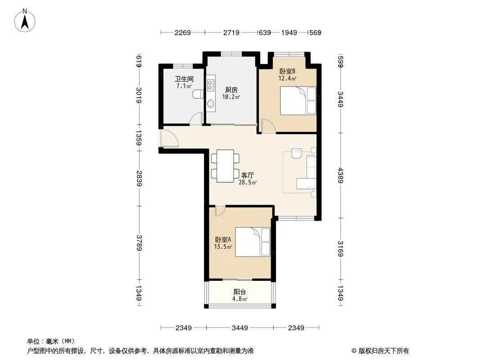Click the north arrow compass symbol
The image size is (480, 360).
click(x=25, y=21)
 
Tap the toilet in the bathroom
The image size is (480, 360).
click(x=198, y=94)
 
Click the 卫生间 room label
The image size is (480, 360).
click(x=184, y=79)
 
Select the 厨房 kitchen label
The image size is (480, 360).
click(x=231, y=90)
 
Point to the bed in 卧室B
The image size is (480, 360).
click(x=298, y=101)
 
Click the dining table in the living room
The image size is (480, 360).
click(x=225, y=166)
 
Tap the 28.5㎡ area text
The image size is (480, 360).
click(x=248, y=183)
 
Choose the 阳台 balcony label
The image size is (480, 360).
click(x=240, y=292)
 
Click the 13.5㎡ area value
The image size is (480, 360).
click(x=223, y=247)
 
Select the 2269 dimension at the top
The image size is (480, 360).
click(x=183, y=32)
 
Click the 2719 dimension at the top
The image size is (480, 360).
click(x=231, y=32)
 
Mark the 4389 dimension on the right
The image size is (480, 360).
click(x=340, y=175)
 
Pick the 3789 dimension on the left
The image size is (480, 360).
click(x=139, y=243)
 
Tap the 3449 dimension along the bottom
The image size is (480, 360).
click(x=240, y=328)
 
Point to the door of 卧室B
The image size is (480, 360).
click(x=268, y=126)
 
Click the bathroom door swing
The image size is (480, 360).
click(x=196, y=119)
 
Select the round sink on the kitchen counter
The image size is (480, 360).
click(x=211, y=104)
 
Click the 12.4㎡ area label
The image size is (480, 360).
click(x=287, y=78)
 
